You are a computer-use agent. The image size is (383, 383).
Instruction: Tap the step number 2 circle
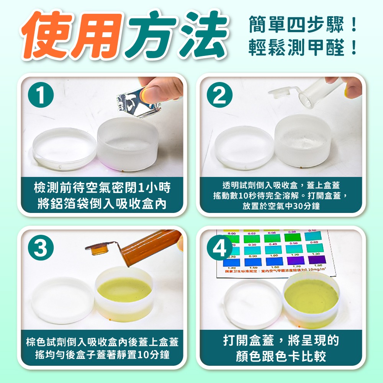pos(219,96)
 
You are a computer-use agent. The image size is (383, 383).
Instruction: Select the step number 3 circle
pos(41,249)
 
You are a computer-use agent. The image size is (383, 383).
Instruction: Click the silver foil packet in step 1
pos(137,100)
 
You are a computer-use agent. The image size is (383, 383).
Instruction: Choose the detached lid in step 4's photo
pos(253,303)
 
